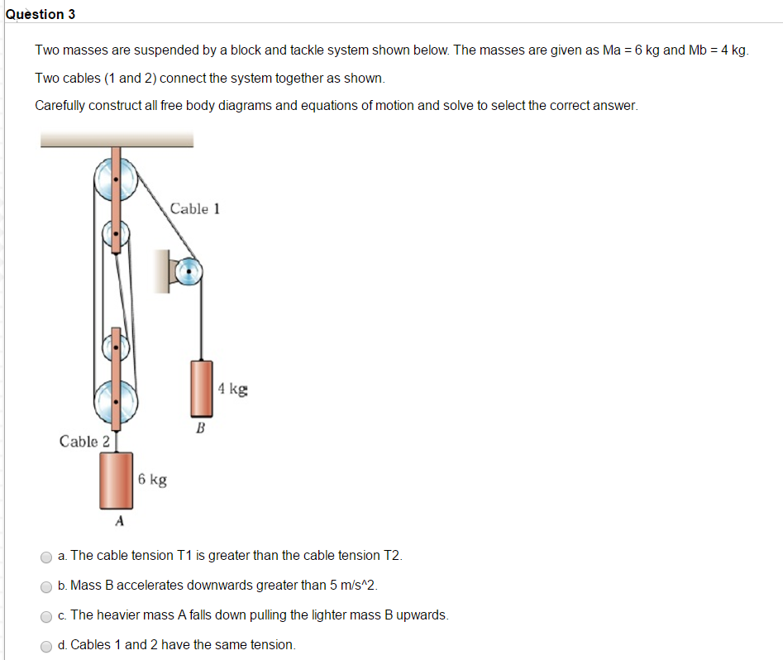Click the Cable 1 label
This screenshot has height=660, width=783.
click(x=194, y=208)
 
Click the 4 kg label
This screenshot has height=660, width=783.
click(x=232, y=388)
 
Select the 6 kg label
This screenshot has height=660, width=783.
click(x=152, y=479)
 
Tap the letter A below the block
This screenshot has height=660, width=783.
click(x=119, y=521)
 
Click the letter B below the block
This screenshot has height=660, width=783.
click(x=199, y=428)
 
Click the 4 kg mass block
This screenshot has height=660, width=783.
click(x=201, y=387)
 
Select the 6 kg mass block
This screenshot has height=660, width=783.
click(x=117, y=480)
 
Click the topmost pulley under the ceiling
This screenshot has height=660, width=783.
click(x=116, y=178)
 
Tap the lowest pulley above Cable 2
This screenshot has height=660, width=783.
click(x=116, y=403)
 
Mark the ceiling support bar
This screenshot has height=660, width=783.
click(x=116, y=140)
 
